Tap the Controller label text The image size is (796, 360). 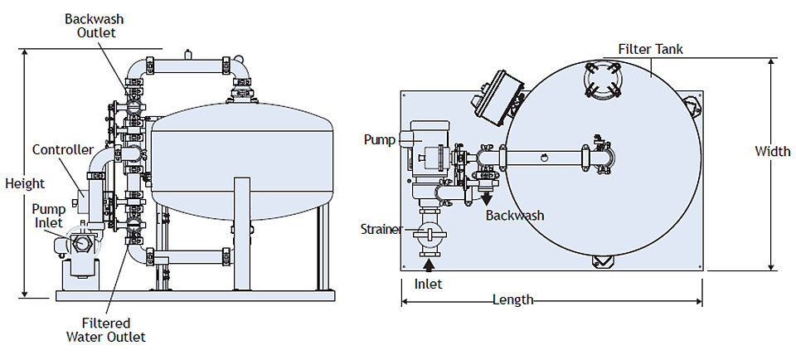63,150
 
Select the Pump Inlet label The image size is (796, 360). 48,216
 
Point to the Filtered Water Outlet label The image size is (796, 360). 106,330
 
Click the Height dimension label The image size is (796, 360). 25,183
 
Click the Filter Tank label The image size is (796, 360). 651,49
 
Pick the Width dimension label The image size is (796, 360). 773,151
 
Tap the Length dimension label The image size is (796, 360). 513,299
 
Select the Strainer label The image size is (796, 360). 381,228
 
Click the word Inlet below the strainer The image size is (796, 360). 428,284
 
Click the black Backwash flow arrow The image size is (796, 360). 486,198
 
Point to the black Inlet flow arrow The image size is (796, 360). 430,264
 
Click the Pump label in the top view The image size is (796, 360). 379,139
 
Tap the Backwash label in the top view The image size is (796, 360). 515,216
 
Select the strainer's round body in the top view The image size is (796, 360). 430,235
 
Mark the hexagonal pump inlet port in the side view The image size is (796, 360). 81,243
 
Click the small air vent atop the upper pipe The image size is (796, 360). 188,54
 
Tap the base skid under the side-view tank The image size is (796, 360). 195,295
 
